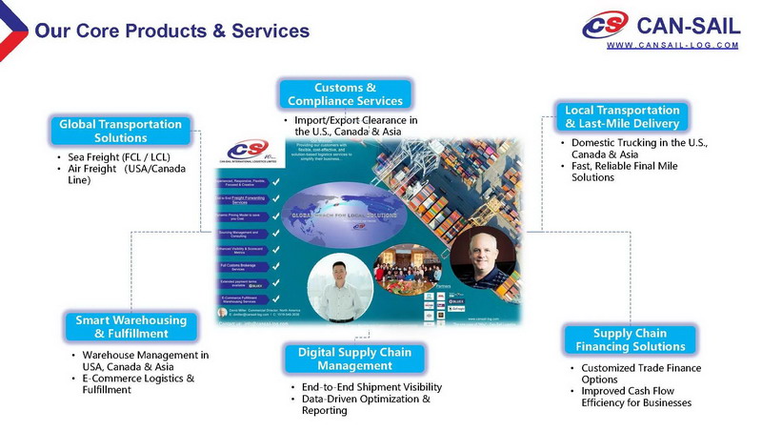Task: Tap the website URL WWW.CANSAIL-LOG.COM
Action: [672, 45]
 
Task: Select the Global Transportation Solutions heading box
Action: [121, 131]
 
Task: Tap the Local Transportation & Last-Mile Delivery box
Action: [622, 116]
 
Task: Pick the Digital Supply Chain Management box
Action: [354, 359]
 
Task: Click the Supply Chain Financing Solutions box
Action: [630, 339]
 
